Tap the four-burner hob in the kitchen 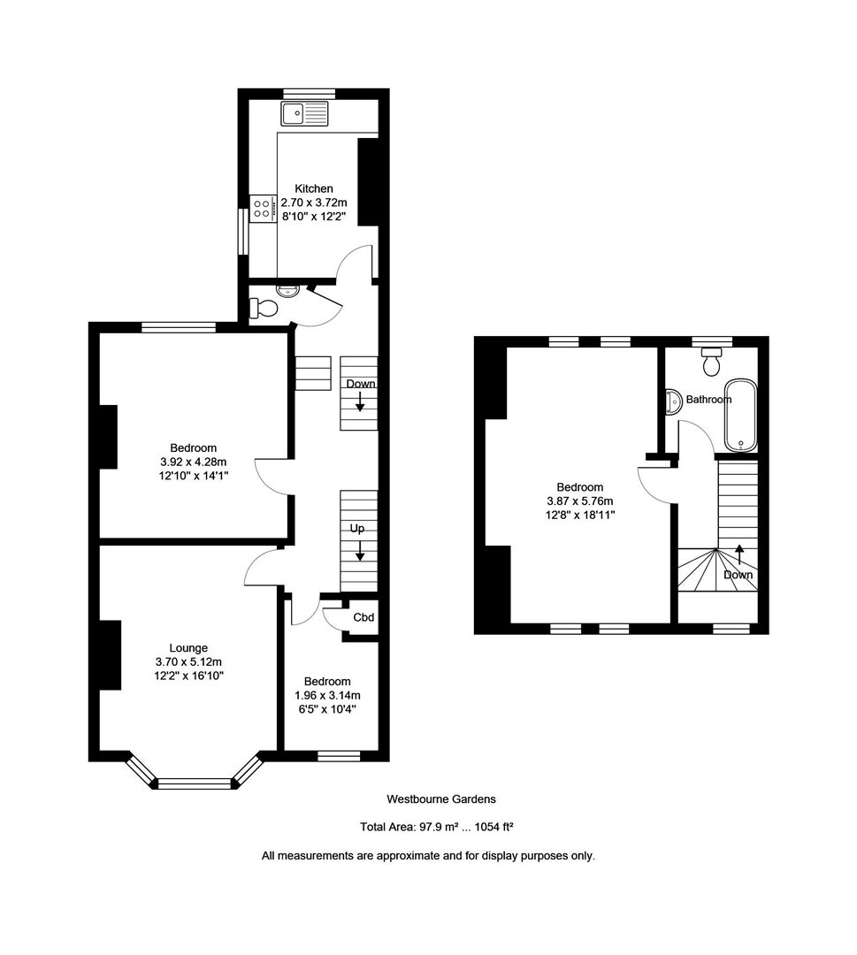click(263, 209)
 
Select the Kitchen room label click(314, 188)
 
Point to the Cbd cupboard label click(363, 618)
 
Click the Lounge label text click(190, 648)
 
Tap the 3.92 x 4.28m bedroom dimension click(195, 462)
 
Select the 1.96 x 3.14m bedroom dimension click(327, 695)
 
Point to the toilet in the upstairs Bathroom click(712, 362)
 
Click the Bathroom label click(708, 400)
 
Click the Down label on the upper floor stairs click(738, 575)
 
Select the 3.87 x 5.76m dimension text click(579, 500)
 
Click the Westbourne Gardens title click(441, 798)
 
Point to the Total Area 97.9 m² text click(437, 828)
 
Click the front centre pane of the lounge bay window click(194, 783)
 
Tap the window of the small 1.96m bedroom click(339, 755)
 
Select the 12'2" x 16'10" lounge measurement click(190, 676)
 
